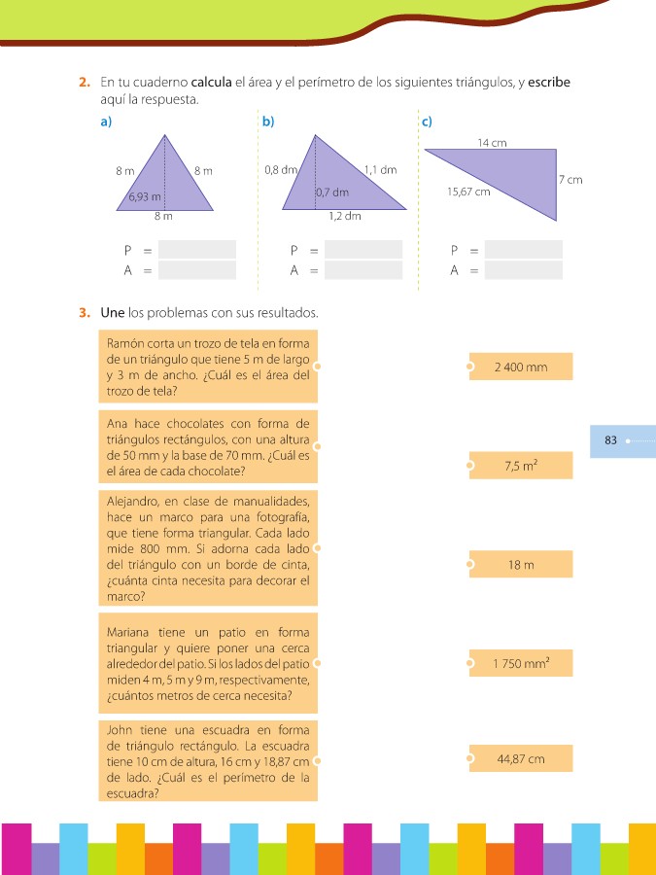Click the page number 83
tap(610, 440)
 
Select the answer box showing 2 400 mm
tap(521, 367)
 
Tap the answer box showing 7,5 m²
tap(521, 466)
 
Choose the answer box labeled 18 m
tap(521, 565)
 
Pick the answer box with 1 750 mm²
tap(521, 664)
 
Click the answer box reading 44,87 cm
tap(521, 758)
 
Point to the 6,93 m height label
tap(142, 196)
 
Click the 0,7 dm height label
tap(331, 192)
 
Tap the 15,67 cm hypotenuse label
tap(467, 192)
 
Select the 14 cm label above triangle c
tap(492, 143)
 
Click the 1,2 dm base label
tap(344, 216)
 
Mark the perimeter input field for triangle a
tap(197, 250)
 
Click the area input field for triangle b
tap(363, 270)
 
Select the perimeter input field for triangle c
tap(524, 250)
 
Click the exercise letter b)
tap(267, 122)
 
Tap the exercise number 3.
tap(85, 313)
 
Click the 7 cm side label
tap(570, 180)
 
